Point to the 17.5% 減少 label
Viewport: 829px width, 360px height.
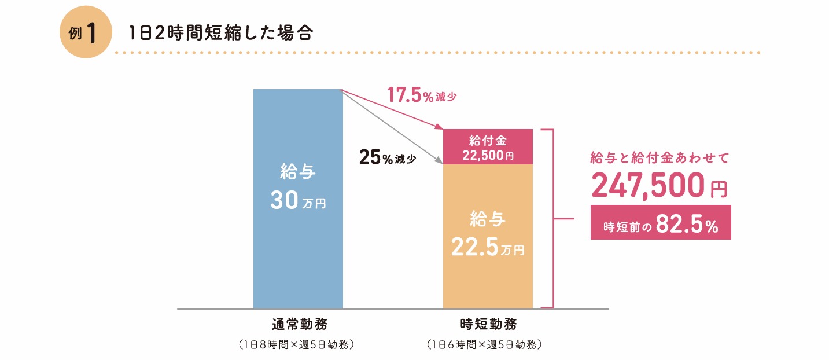click(x=422, y=95)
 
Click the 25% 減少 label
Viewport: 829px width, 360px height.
click(x=387, y=158)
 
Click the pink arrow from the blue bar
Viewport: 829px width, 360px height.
click(x=393, y=111)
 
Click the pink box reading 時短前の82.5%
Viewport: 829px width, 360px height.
click(x=660, y=222)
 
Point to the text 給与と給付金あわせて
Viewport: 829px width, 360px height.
click(x=659, y=157)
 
